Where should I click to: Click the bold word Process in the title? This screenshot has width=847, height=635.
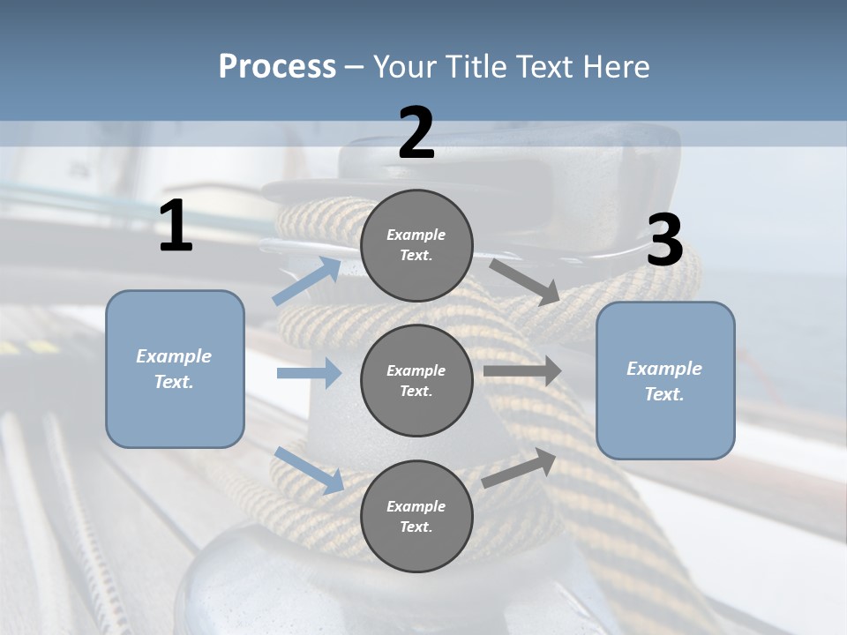tap(277, 67)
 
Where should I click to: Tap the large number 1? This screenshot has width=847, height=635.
tap(176, 227)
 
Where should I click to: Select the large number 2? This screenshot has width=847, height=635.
tap(416, 133)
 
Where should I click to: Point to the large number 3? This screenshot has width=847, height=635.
tap(664, 241)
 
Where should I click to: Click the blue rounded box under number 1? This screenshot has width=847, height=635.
tap(175, 369)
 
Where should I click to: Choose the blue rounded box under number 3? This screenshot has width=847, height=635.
tap(665, 380)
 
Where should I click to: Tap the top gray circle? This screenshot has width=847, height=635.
tap(416, 245)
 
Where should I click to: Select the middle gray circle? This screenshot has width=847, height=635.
tap(416, 380)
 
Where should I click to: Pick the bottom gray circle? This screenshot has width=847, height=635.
tap(416, 516)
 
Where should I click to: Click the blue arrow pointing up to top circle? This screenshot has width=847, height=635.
tap(307, 281)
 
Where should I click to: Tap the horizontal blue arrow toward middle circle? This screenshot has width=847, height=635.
tap(309, 373)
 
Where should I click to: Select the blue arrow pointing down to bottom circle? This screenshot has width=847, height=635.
tap(309, 470)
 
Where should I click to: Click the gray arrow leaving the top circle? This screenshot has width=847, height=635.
tap(525, 282)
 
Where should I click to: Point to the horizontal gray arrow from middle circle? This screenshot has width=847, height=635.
tap(522, 371)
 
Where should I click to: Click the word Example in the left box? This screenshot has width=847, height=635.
tap(174, 356)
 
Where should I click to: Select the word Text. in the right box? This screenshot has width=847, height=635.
tap(664, 394)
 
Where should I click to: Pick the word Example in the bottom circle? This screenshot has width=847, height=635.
tap(416, 506)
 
